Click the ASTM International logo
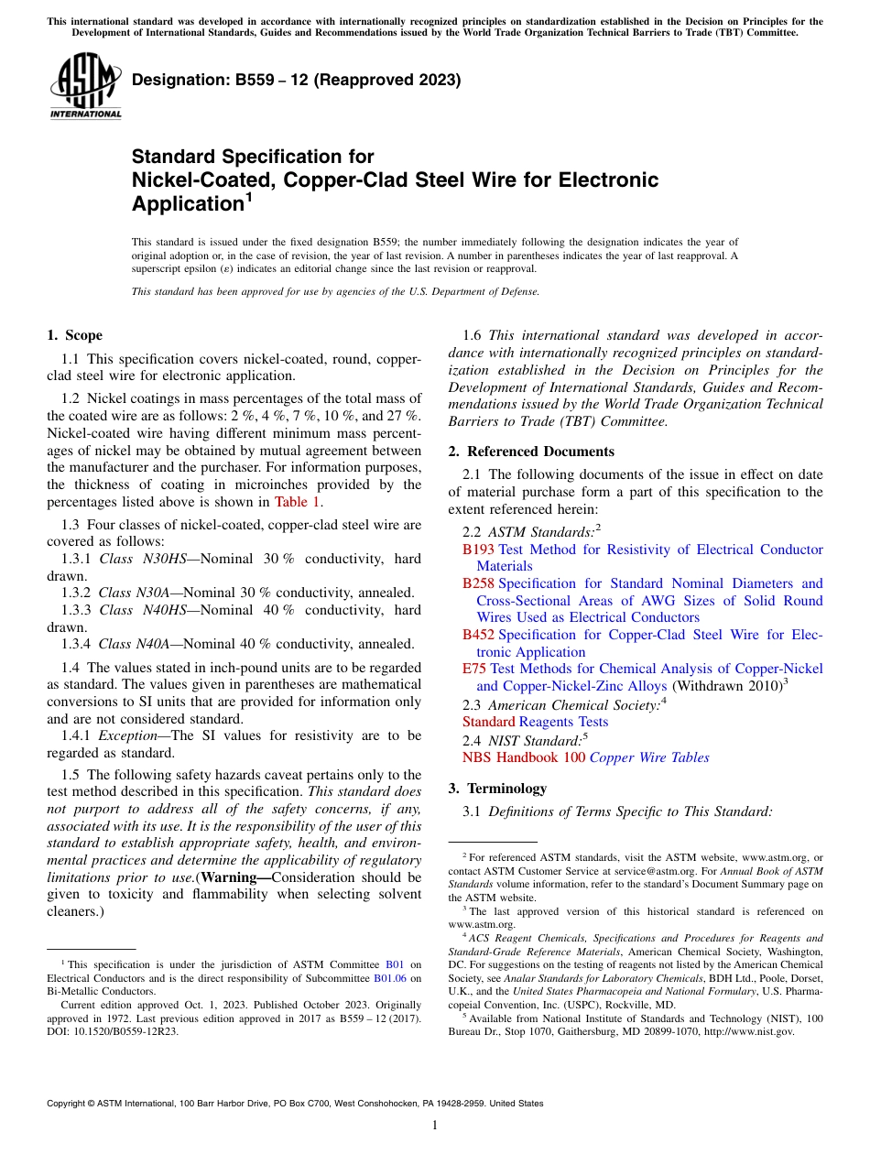pyautogui.click(x=85, y=86)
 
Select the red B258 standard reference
pyautogui.click(x=478, y=583)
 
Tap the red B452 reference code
pyautogui.click(x=478, y=635)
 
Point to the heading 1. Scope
pyautogui.click(x=74, y=335)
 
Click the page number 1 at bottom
pyautogui.click(x=435, y=1126)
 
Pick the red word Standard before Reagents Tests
pyautogui.click(x=489, y=722)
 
